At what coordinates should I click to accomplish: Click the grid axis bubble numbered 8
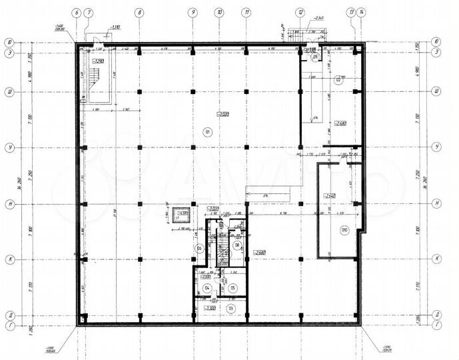[x=138, y=12]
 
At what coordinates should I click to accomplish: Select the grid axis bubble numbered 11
[x=246, y=12]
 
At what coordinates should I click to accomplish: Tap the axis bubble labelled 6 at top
[x=78, y=12]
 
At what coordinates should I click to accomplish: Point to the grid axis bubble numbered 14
[x=360, y=12]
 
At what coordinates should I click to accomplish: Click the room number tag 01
[x=207, y=132]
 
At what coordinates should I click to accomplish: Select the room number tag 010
[x=344, y=231]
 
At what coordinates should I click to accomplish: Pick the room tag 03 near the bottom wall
[x=231, y=309]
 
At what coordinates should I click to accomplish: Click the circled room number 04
[x=207, y=288]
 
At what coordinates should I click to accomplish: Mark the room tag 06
[x=199, y=249]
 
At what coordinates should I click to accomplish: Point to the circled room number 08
[x=237, y=245]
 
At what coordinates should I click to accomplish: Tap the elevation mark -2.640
[x=330, y=195]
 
